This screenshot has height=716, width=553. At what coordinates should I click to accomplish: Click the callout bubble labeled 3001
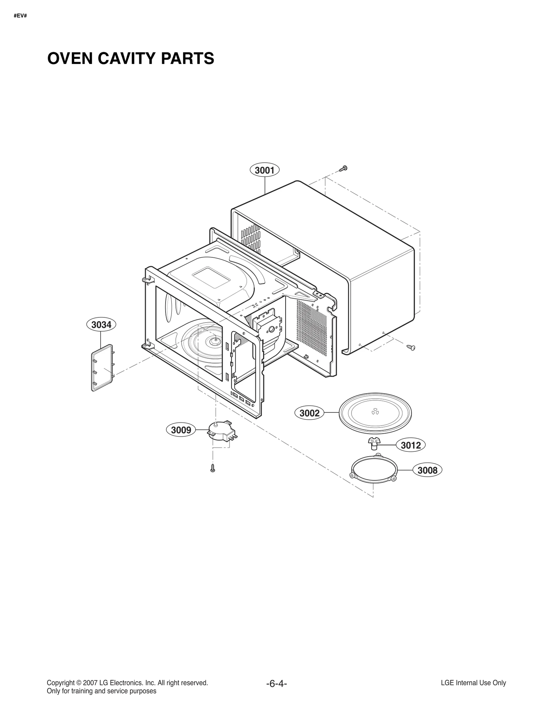264,170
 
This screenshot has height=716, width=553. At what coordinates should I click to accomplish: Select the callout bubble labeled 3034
101,325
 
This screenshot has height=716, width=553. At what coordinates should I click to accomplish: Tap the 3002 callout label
309,413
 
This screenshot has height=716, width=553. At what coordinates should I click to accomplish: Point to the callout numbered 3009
181,430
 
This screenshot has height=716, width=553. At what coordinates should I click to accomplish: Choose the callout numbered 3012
411,445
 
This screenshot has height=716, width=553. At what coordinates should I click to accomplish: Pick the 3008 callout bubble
428,470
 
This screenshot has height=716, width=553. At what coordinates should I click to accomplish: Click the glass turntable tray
375,413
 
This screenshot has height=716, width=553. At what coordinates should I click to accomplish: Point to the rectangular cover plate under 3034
103,367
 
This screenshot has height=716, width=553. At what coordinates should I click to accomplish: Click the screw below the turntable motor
213,468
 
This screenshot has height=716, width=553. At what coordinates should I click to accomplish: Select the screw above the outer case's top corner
343,169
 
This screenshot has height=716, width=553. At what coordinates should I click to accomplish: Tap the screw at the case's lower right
411,347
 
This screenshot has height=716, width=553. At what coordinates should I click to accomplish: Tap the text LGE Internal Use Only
473,683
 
